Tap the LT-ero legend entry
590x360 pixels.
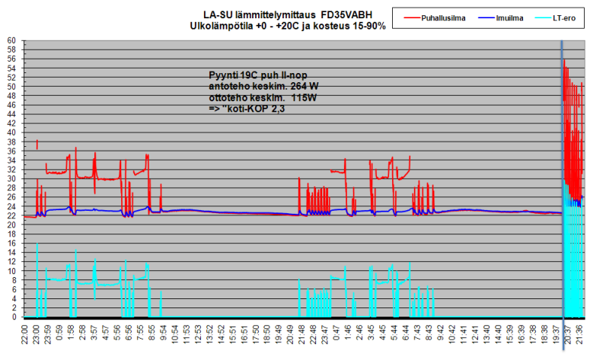[x=563, y=16]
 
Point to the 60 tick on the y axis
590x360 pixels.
[x=11, y=40]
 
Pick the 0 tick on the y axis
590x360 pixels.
[x=14, y=317]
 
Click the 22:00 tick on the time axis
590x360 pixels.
[x=25, y=337]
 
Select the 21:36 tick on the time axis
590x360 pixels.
[x=579, y=337]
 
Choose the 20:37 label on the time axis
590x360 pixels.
[x=568, y=337]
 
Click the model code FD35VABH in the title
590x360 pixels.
[x=347, y=14]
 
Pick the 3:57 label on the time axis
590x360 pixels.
[x=94, y=337]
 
